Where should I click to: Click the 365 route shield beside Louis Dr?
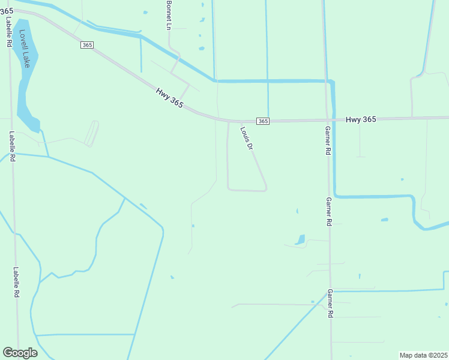(x=263, y=121)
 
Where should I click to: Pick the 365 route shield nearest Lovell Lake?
(x=88, y=46)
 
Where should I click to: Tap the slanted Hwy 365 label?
(x=169, y=98)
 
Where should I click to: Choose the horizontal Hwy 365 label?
(x=361, y=119)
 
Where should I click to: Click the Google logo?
(x=20, y=353)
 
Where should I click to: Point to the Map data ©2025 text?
(x=424, y=355)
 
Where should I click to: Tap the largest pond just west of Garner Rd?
(x=300, y=240)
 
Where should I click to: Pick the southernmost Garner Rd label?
(x=330, y=304)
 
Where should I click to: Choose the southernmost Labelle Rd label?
(x=17, y=283)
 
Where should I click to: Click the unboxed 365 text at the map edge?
(x=7, y=11)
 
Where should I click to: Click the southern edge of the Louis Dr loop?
(x=247, y=190)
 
